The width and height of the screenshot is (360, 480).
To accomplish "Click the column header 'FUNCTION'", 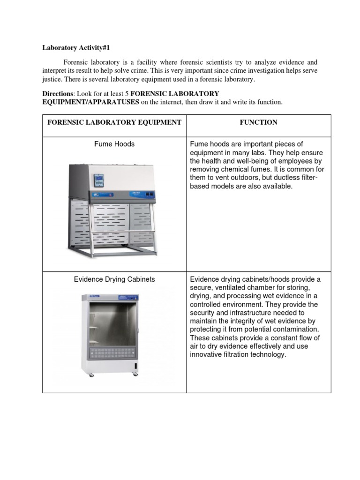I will (258, 122).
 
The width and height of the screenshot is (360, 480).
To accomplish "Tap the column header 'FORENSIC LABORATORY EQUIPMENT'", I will (114, 122).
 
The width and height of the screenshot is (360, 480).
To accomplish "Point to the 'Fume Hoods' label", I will (114, 144).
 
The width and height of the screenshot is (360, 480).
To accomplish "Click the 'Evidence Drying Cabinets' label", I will (114, 279).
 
